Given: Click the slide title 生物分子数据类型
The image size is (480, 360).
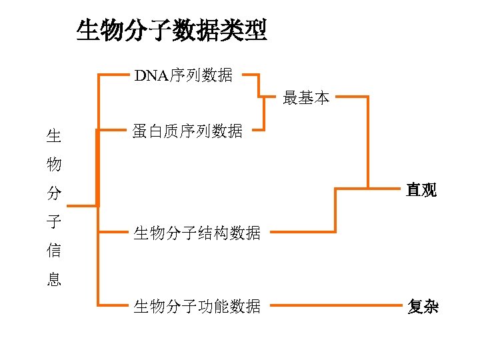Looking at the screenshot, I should (x=172, y=31).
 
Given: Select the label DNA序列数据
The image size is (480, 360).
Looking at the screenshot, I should (x=184, y=75).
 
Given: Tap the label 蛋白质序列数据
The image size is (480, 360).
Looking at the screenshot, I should (x=187, y=131).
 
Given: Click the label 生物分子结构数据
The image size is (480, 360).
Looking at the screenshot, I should (x=197, y=233).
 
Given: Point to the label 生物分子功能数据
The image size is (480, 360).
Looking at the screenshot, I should (x=197, y=306).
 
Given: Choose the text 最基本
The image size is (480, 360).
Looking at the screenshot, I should (x=306, y=98).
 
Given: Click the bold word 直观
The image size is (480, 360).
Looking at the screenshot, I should (x=422, y=190).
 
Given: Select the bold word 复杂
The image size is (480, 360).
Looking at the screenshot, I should (x=423, y=306).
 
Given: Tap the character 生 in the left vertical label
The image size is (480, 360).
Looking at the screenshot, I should (x=54, y=137).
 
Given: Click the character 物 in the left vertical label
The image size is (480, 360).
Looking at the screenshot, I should (x=54, y=164).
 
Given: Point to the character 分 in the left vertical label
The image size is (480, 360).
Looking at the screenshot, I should (x=54, y=193).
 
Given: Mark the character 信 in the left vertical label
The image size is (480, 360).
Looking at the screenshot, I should (x=54, y=251).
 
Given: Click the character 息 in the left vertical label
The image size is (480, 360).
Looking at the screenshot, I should (x=54, y=279).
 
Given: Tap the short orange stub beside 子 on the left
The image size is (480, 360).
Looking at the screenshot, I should (x=83, y=206).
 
